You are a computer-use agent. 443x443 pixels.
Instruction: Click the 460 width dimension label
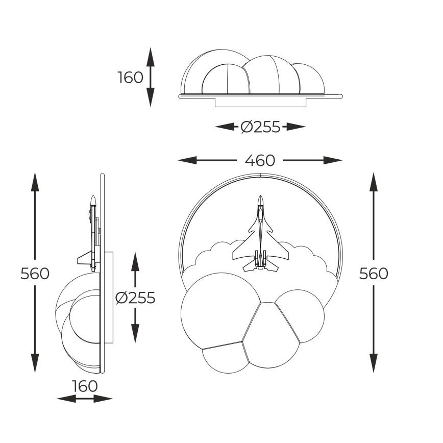[260, 160]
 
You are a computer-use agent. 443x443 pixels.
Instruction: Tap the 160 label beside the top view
[131, 78]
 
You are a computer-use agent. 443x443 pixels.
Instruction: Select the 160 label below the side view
[85, 386]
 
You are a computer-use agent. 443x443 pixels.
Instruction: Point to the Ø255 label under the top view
[260, 127]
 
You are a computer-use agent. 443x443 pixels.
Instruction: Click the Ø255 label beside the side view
[135, 298]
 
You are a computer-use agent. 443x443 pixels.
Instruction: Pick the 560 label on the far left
[35, 274]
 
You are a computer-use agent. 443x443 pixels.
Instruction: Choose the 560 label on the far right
[374, 274]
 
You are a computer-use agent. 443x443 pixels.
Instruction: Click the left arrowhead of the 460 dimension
[187, 160]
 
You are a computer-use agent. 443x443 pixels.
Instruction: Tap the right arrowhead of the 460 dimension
[333, 160]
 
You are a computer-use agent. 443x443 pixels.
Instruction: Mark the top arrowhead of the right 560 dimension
[374, 182]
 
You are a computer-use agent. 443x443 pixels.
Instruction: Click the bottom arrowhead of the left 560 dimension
[35, 363]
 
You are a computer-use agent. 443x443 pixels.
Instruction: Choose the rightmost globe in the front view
[300, 316]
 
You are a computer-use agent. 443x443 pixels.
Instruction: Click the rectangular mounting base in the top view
[260, 102]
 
